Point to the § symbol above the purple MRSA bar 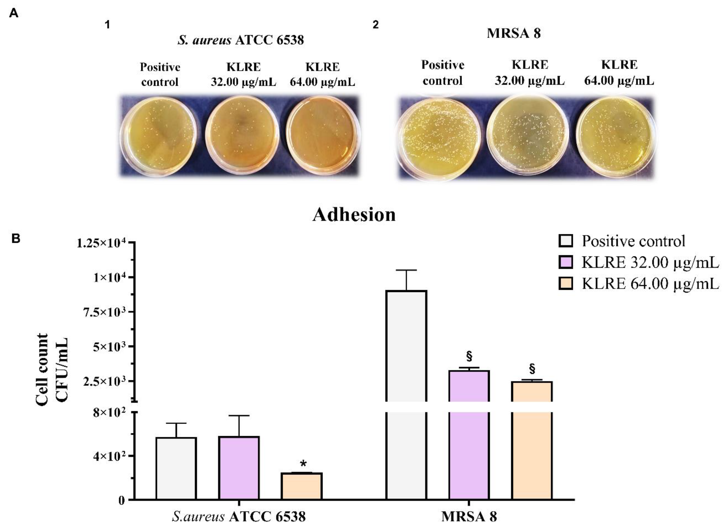click(469, 356)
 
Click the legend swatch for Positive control click(566, 241)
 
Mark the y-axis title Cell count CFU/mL click(51, 370)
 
